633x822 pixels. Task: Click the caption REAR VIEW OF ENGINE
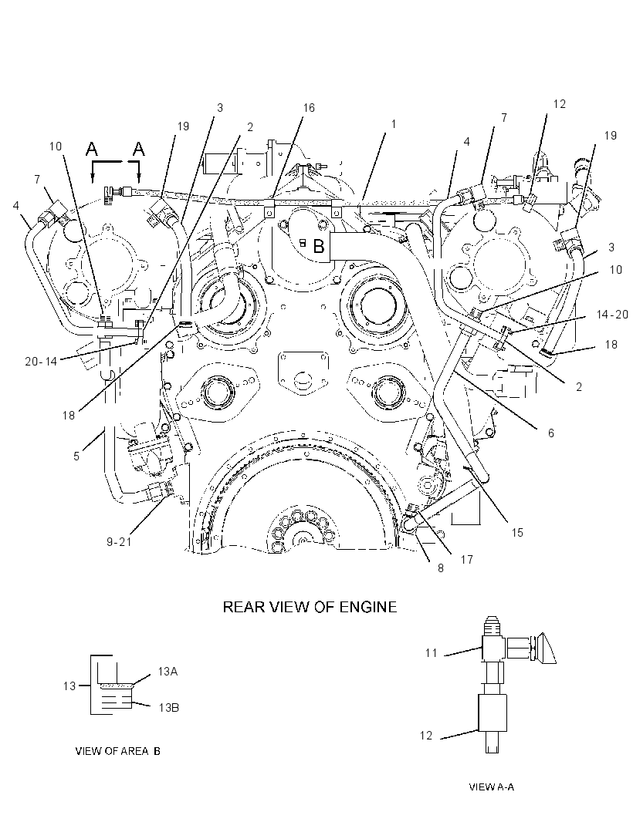(x=310, y=607)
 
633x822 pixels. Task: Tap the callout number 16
(x=309, y=107)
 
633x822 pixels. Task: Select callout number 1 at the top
(x=394, y=124)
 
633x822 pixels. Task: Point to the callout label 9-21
(x=119, y=542)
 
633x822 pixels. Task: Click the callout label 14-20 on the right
(x=612, y=315)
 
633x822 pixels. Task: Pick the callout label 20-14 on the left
(x=41, y=361)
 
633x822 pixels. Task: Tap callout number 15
(x=517, y=533)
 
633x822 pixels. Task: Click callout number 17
(x=466, y=560)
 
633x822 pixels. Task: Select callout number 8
(x=441, y=568)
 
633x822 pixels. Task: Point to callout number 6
(x=551, y=433)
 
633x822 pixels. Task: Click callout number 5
(x=76, y=456)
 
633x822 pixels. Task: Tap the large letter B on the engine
(x=319, y=246)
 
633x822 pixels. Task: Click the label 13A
(x=168, y=672)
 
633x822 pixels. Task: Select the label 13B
(x=169, y=708)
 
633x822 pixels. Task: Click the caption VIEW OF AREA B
(x=118, y=751)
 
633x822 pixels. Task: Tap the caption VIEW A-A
(x=491, y=787)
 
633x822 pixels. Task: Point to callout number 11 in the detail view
(x=432, y=652)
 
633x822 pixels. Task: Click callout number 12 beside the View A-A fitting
(x=426, y=736)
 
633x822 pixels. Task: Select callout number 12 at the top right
(x=560, y=104)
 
